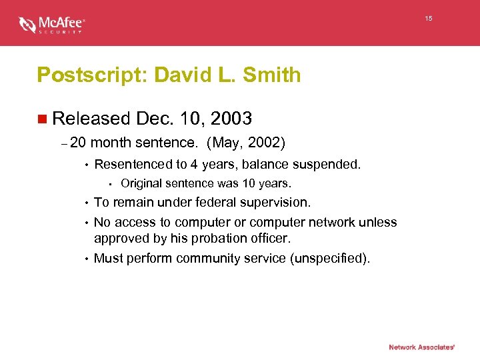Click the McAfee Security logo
[52, 25]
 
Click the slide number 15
[429, 19]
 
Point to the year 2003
[230, 119]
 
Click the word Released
[91, 119]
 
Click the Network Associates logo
[421, 347]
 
